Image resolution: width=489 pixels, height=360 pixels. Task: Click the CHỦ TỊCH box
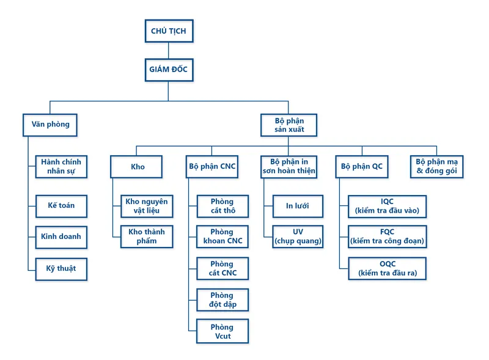pyautogui.click(x=169, y=31)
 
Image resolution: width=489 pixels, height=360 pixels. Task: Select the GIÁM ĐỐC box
pyautogui.click(x=169, y=70)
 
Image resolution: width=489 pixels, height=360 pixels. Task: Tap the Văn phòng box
pyautogui.click(x=50, y=125)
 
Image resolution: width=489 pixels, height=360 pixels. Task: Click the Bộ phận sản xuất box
pyautogui.click(x=289, y=125)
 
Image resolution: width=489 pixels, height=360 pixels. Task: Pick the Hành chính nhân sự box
pyautogui.click(x=61, y=167)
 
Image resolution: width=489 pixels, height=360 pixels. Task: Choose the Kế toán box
pyautogui.click(x=61, y=206)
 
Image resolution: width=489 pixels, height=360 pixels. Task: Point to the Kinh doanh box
pyautogui.click(x=61, y=237)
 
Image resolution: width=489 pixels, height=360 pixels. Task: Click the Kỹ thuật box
pyautogui.click(x=61, y=269)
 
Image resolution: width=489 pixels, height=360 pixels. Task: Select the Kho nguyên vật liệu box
pyautogui.click(x=147, y=206)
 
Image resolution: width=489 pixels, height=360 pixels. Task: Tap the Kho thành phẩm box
pyautogui.click(x=147, y=237)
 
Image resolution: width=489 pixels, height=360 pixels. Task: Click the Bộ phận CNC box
pyautogui.click(x=212, y=167)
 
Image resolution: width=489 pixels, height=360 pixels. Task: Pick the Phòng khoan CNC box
pyautogui.click(x=222, y=237)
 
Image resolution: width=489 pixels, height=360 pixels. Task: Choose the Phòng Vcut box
pyautogui.click(x=222, y=331)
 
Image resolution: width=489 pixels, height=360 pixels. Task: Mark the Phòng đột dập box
pyautogui.click(x=222, y=299)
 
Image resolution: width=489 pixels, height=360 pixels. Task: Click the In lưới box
pyautogui.click(x=298, y=206)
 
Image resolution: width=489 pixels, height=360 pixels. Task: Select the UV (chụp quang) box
pyautogui.click(x=298, y=237)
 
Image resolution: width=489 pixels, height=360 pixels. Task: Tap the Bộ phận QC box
pyautogui.click(x=362, y=167)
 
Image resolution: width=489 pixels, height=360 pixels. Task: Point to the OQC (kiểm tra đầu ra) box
pyautogui.click(x=388, y=268)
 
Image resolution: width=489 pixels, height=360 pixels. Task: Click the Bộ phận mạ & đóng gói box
pyautogui.click(x=436, y=167)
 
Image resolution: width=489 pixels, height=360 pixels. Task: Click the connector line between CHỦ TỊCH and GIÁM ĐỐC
pyautogui.click(x=169, y=51)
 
